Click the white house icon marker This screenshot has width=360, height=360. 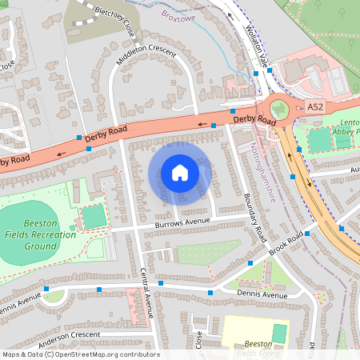tap(180, 172)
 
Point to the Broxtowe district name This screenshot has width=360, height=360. tap(178, 14)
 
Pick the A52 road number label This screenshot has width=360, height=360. tap(316, 106)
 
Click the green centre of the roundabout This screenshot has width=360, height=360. tap(278, 110)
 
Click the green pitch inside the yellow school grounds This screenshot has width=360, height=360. tap(279, 333)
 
